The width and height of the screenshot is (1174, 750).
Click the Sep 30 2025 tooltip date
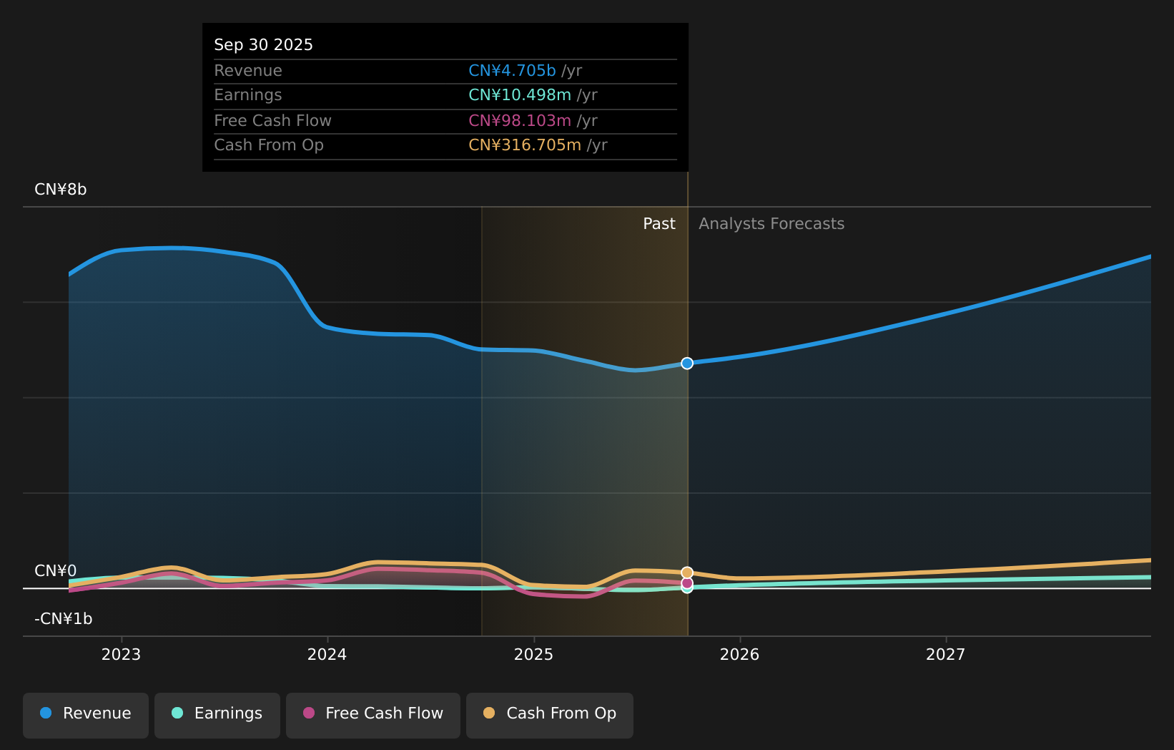point(263,45)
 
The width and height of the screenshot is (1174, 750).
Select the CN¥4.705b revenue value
point(512,71)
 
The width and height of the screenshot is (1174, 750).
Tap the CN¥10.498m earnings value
point(520,95)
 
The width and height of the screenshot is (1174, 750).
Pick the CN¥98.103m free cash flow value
point(520,121)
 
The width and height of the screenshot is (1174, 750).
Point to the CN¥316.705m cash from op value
point(525,145)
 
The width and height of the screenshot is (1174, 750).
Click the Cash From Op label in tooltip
point(269,145)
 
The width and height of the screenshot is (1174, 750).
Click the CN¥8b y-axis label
point(61,190)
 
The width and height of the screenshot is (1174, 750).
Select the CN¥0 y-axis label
point(56,571)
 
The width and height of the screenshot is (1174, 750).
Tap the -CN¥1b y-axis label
point(64,619)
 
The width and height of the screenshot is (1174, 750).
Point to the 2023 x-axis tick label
point(122,655)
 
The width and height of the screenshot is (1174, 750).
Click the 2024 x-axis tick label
point(327,655)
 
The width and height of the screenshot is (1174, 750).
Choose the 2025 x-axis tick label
point(534,655)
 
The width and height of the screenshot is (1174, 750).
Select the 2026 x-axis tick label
point(740,655)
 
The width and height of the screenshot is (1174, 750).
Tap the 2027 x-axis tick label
point(946,655)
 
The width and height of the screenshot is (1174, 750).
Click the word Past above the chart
point(659,224)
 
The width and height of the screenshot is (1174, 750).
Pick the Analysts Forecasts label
point(771,224)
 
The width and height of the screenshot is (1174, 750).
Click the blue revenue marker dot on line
point(687,364)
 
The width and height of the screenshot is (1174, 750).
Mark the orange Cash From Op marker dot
point(687,573)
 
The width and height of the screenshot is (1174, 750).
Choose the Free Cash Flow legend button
point(373,714)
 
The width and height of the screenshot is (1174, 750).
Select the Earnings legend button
point(217,714)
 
